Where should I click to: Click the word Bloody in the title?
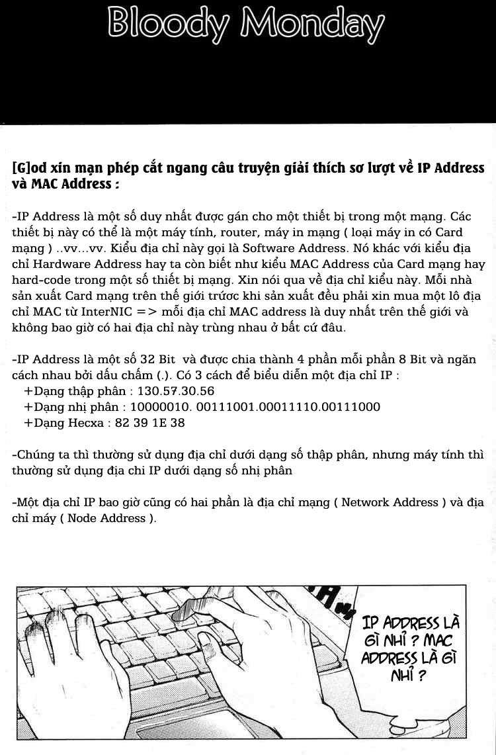(168, 26)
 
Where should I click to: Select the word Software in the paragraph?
(271, 248)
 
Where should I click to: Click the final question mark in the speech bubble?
(419, 676)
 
